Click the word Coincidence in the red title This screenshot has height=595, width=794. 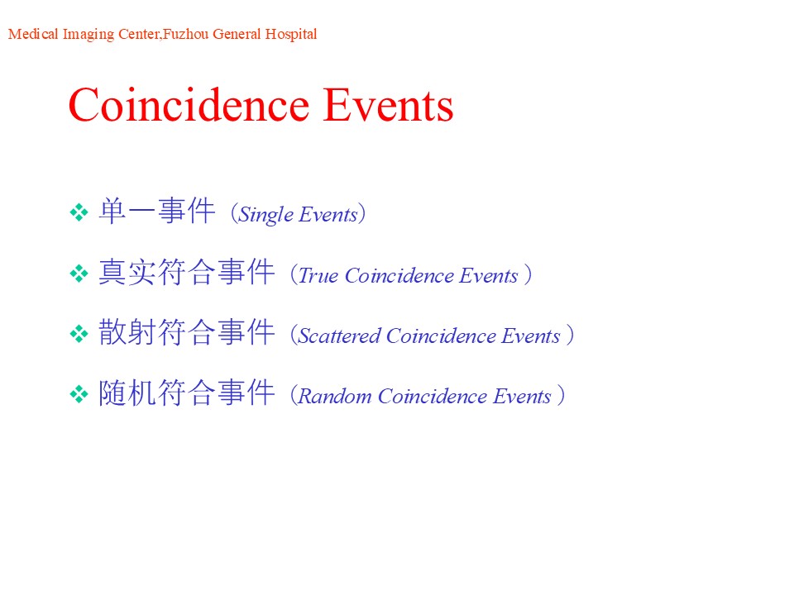tap(189, 105)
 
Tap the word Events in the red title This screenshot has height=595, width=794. tap(389, 105)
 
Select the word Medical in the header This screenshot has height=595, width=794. tap(33, 34)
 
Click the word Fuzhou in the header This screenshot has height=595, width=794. tap(186, 34)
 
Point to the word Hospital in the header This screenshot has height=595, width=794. tap(291, 35)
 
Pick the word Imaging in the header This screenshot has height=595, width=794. tap(88, 35)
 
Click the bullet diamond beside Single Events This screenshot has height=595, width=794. tap(79, 212)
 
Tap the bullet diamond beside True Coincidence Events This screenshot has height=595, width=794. tap(79, 274)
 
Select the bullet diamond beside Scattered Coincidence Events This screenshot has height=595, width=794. tap(79, 333)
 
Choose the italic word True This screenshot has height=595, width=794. tap(318, 275)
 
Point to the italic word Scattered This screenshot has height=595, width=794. tap(339, 336)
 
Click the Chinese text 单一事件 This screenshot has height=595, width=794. tap(157, 211)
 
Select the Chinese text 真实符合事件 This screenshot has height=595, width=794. tap(187, 272)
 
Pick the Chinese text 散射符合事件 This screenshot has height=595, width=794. tap(187, 332)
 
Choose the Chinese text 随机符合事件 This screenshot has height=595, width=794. tap(187, 392)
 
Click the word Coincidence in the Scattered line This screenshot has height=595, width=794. tap(441, 336)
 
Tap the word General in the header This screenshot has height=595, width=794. tap(237, 34)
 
